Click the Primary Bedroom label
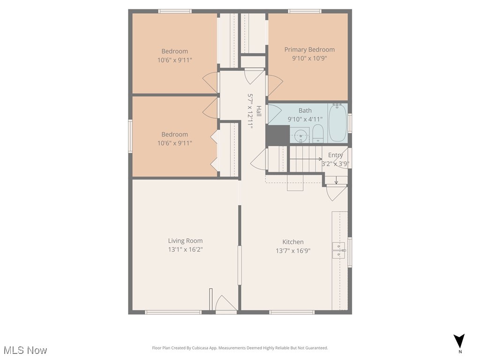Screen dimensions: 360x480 click(x=309, y=50)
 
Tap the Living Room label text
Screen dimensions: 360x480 click(x=185, y=241)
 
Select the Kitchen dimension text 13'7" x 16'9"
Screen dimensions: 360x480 click(x=293, y=251)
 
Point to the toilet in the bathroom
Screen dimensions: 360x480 click(x=318, y=133)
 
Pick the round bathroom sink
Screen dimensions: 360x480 click(x=301, y=135)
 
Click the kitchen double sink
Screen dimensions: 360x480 click(x=338, y=251)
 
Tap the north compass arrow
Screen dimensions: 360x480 click(x=459, y=341)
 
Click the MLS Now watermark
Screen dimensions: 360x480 click(x=25, y=350)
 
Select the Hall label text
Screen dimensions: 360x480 click(x=258, y=111)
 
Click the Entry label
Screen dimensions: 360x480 click(x=335, y=155)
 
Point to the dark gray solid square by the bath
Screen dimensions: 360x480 click(x=277, y=135)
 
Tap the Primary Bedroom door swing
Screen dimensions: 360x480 click(x=274, y=86)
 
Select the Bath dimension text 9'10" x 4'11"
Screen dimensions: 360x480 click(x=305, y=119)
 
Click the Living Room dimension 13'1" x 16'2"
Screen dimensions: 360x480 click(x=185, y=249)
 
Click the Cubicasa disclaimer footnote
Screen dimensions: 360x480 click(x=240, y=348)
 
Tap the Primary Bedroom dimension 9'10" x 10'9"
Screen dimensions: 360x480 click(x=309, y=59)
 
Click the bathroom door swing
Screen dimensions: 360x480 click(x=274, y=112)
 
